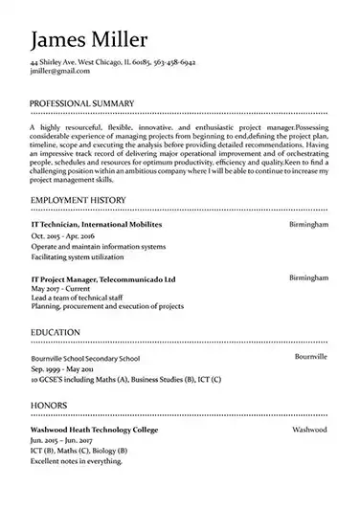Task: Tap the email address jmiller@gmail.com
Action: click(53, 71)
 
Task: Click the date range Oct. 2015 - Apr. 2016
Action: click(63, 234)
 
